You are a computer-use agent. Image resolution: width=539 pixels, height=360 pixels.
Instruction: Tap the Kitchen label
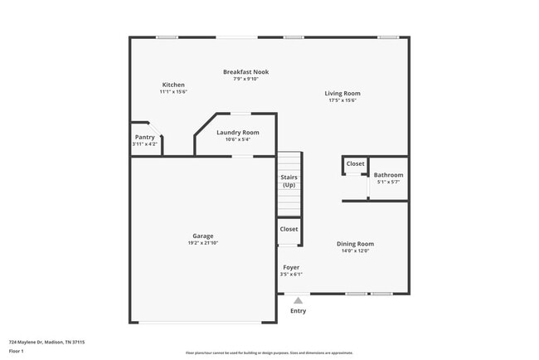tap(173, 85)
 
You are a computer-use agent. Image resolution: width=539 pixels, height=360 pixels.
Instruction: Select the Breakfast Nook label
tap(245, 72)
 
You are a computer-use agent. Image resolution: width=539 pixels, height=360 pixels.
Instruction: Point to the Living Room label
tap(342, 94)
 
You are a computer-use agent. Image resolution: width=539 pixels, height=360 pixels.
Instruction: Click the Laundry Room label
tap(238, 133)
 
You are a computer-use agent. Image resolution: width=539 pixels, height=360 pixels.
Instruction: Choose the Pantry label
tap(144, 138)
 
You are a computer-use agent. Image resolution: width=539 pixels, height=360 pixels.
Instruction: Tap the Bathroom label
tap(388, 175)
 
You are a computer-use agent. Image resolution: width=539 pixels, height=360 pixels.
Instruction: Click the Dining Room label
tap(355, 244)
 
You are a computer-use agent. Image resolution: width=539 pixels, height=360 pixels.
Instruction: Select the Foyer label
tap(291, 268)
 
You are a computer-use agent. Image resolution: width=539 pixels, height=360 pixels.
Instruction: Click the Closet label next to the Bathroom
tap(355, 164)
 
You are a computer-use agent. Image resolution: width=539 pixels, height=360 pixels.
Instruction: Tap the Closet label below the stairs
tap(289, 229)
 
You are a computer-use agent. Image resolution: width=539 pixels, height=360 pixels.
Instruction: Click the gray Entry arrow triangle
tap(299, 300)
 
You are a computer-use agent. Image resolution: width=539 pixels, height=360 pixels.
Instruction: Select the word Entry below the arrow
tap(298, 311)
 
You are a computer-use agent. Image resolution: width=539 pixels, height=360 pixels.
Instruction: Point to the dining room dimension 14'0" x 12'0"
tap(355, 251)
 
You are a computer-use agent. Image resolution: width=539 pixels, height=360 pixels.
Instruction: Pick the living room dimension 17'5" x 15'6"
tap(342, 100)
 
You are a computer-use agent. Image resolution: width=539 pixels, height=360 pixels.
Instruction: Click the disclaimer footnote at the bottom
tap(269, 353)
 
